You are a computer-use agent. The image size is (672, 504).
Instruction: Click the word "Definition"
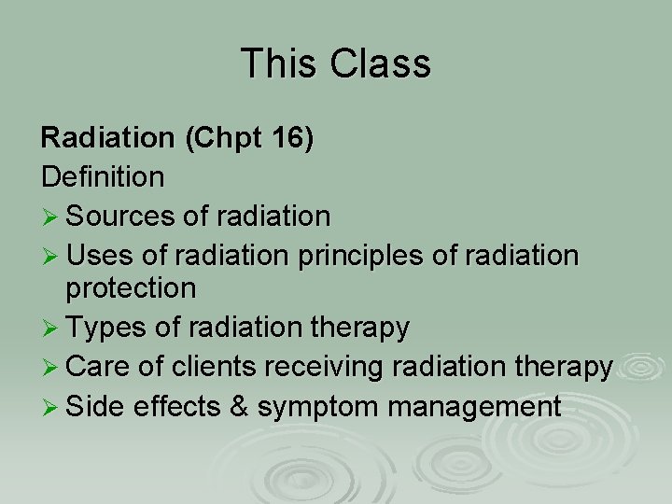tap(103, 175)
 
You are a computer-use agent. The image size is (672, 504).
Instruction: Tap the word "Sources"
tap(124, 217)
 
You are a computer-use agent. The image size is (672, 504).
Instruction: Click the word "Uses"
tap(99, 254)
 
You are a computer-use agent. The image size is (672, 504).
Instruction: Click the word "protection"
tap(131, 288)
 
